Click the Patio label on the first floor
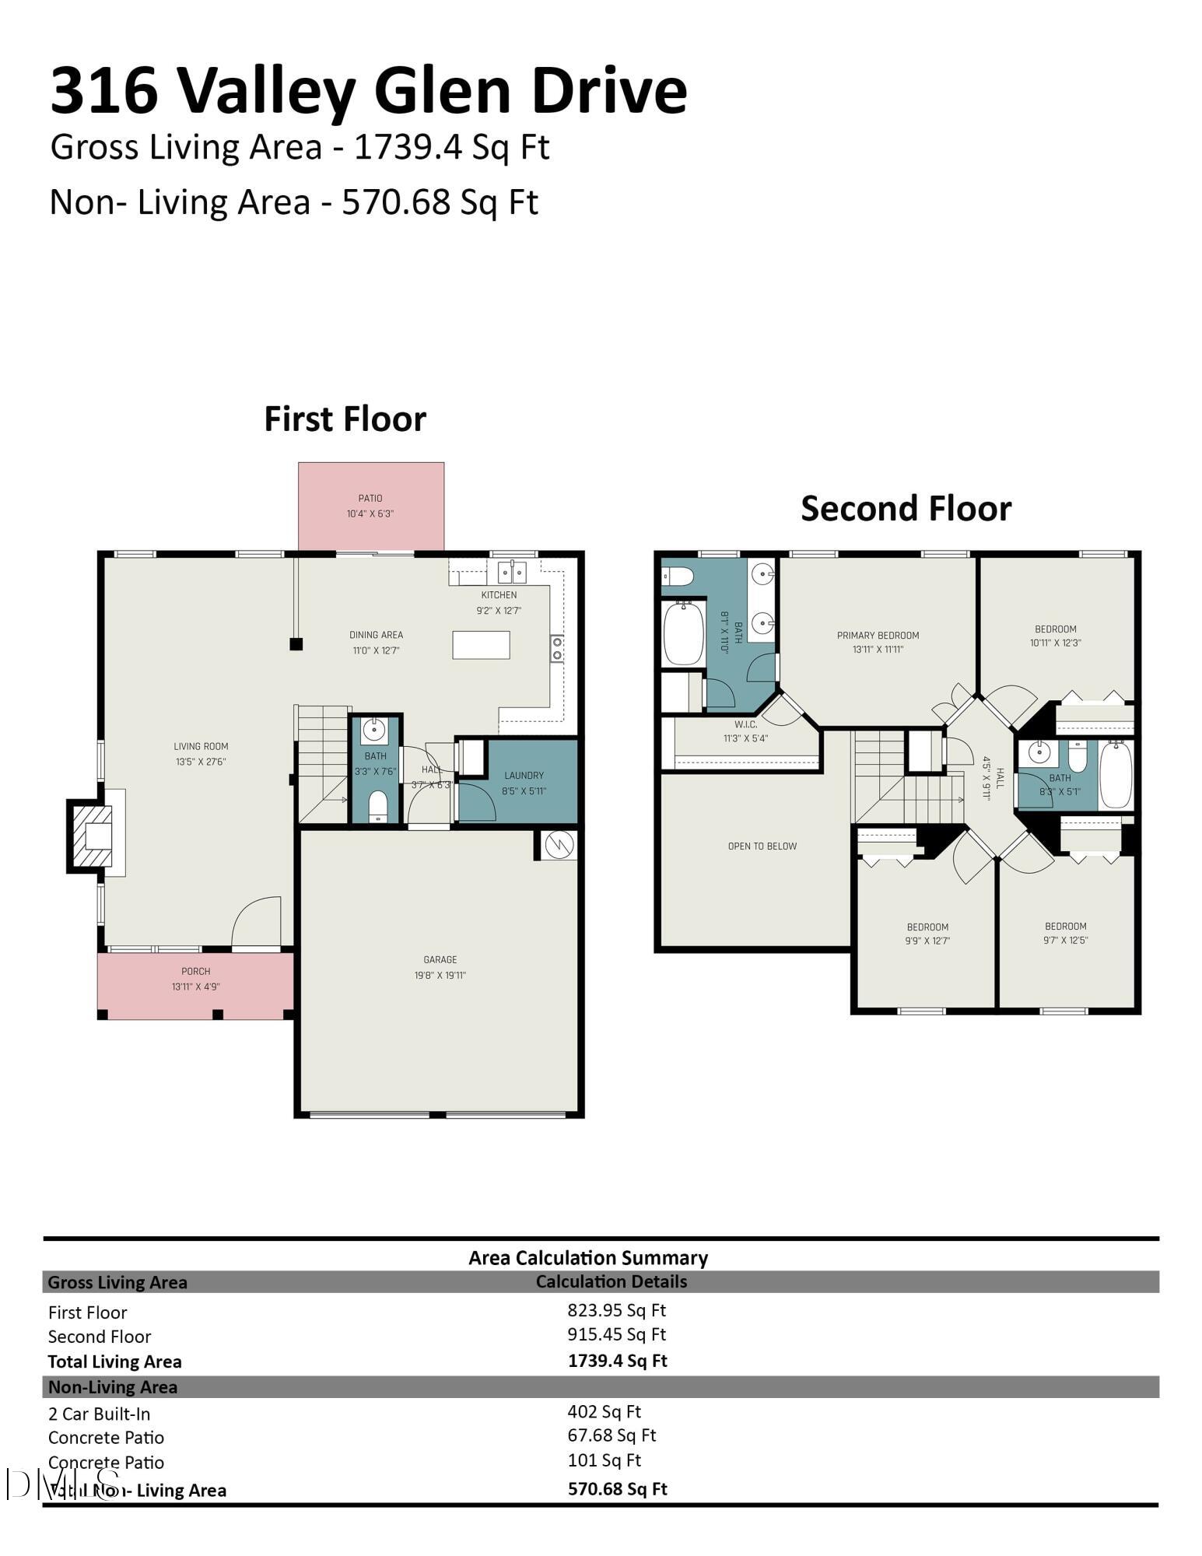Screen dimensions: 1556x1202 coord(370,498)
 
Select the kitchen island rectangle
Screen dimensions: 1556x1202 coord(481,645)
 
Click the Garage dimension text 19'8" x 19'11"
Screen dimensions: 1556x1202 coord(440,976)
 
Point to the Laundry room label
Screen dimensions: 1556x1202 coord(524,776)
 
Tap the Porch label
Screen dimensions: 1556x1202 coord(195,971)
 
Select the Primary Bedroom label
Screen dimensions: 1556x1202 coord(878,636)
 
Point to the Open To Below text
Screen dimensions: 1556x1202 coord(762,846)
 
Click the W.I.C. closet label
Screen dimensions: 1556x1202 coord(745,724)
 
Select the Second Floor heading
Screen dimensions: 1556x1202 coord(906,509)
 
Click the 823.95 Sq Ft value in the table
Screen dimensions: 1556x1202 coord(616,1310)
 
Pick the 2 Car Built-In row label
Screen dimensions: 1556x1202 coord(99,1414)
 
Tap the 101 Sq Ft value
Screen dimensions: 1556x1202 coord(604,1460)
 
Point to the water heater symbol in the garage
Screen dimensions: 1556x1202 coord(559,844)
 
